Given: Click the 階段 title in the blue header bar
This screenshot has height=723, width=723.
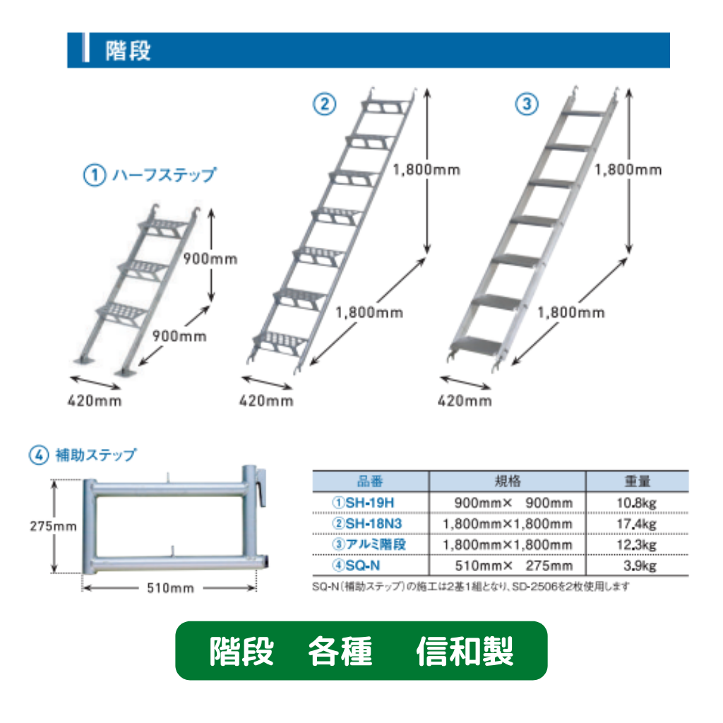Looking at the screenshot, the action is [x=128, y=50].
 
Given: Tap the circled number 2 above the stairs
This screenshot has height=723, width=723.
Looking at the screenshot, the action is [x=325, y=104].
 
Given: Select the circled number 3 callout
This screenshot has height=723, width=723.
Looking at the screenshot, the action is [x=527, y=104].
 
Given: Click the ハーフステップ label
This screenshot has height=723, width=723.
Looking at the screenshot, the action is [x=164, y=175].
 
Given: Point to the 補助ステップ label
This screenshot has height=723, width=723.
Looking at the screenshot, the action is [x=96, y=455].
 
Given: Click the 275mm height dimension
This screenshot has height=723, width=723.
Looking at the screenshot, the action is [x=53, y=526].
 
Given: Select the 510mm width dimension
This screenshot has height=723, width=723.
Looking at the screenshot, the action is [x=170, y=588].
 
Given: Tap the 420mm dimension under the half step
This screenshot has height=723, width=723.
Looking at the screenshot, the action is [x=95, y=401].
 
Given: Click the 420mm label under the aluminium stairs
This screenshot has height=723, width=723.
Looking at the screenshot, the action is [x=465, y=401].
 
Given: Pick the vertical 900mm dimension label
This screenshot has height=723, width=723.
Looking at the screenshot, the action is [x=210, y=258].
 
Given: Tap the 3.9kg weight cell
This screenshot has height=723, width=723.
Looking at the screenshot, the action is [x=640, y=566].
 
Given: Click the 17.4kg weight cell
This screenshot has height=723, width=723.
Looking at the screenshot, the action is [x=636, y=524].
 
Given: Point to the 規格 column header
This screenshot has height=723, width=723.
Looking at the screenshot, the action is [x=507, y=482].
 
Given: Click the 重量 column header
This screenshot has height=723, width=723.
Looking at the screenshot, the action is [x=638, y=482].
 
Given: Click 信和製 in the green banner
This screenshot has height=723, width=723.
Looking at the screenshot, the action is [x=465, y=651].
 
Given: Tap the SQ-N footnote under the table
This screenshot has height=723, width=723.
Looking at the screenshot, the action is [x=471, y=587].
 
